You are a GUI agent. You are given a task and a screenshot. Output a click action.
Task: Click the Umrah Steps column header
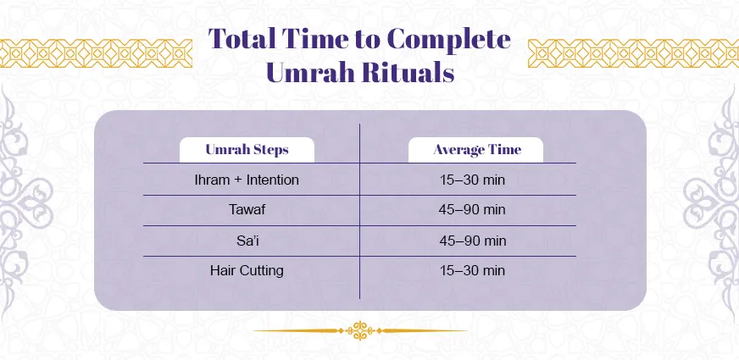(247, 150)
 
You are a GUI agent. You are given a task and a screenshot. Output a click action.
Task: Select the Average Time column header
(476, 150)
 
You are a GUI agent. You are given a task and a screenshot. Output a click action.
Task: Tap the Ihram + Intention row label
(247, 180)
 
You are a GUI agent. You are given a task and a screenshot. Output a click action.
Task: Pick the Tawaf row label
(247, 210)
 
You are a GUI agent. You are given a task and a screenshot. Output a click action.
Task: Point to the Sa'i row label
(247, 241)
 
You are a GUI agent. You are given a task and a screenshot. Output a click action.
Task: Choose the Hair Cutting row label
(247, 271)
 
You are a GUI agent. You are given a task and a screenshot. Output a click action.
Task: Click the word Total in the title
(242, 40)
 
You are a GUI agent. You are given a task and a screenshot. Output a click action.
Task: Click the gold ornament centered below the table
(360, 330)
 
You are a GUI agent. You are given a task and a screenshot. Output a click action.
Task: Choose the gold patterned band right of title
(632, 52)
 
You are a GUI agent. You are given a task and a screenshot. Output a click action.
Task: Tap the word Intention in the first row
(271, 180)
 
